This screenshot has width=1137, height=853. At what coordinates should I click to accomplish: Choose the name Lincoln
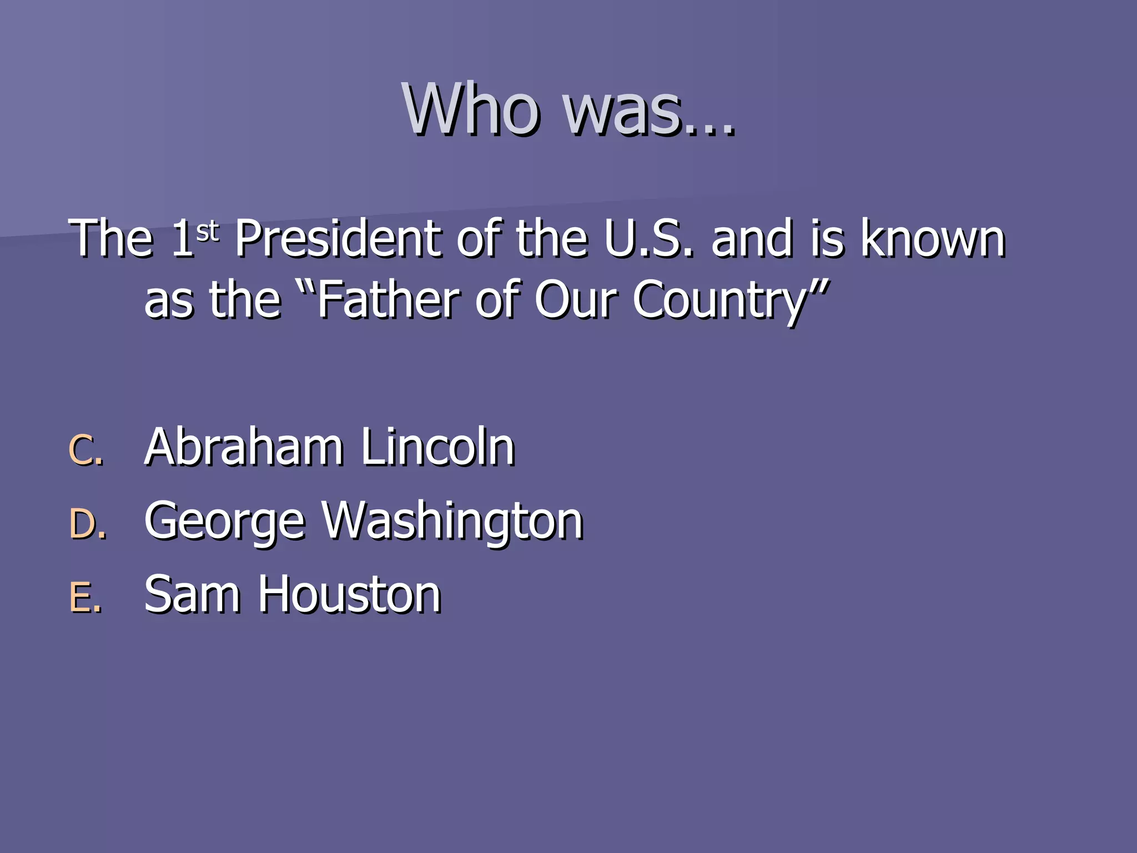[x=437, y=447]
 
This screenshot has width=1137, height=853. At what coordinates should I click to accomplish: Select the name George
[x=225, y=522]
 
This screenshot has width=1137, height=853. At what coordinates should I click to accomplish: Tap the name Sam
[x=192, y=595]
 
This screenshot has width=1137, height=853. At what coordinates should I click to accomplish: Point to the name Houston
[x=349, y=595]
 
